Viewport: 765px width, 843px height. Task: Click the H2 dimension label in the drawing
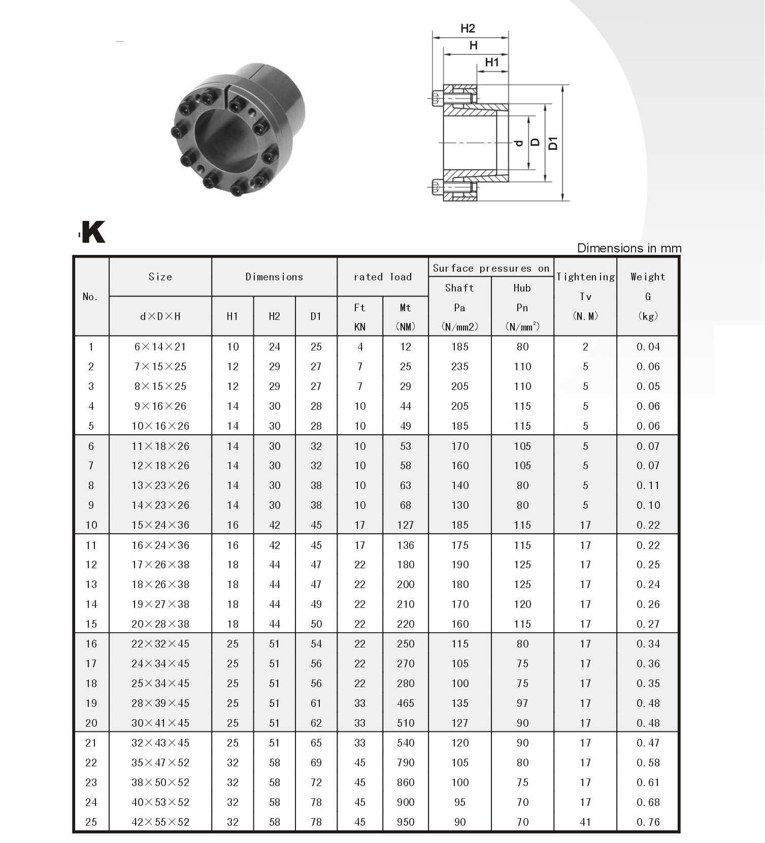pyautogui.click(x=468, y=28)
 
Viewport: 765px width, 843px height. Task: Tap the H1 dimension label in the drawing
pyautogui.click(x=492, y=62)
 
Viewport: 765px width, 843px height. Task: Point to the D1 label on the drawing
pyautogui.click(x=553, y=143)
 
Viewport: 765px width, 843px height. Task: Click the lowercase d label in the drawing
pyautogui.click(x=519, y=143)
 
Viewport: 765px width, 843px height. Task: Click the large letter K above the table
pyautogui.click(x=93, y=232)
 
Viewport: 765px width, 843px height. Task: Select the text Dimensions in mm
pyautogui.click(x=629, y=248)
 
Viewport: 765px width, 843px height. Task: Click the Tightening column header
pyautogui.click(x=585, y=277)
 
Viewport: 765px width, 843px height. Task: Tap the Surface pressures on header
pyautogui.click(x=491, y=268)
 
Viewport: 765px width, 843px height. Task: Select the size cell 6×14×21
pyautogui.click(x=160, y=347)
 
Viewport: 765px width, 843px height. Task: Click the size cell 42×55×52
pyautogui.click(x=160, y=822)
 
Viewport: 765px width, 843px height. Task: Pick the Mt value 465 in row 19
pyautogui.click(x=406, y=703)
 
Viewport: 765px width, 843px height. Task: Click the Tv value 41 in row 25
pyautogui.click(x=585, y=822)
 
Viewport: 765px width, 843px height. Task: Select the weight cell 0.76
pyautogui.click(x=648, y=822)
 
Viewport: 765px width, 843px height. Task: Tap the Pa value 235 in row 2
pyautogui.click(x=460, y=367)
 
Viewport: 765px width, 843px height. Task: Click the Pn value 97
pyautogui.click(x=522, y=703)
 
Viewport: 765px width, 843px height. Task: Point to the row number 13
pyautogui.click(x=91, y=585)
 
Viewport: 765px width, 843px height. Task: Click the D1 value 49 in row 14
pyautogui.click(x=316, y=604)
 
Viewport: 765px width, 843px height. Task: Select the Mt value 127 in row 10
pyautogui.click(x=406, y=525)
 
